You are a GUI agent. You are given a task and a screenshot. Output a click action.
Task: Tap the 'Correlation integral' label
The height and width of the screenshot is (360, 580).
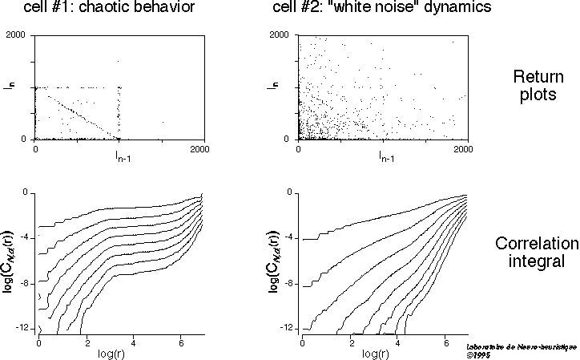click(535, 252)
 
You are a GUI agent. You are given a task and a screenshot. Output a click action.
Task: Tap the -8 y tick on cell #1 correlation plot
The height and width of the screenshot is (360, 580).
click(24, 283)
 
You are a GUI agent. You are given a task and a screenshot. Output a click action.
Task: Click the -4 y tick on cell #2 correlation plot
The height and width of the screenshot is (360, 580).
click(288, 238)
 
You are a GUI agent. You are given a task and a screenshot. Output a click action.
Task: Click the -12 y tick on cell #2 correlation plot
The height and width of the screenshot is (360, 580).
click(286, 330)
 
